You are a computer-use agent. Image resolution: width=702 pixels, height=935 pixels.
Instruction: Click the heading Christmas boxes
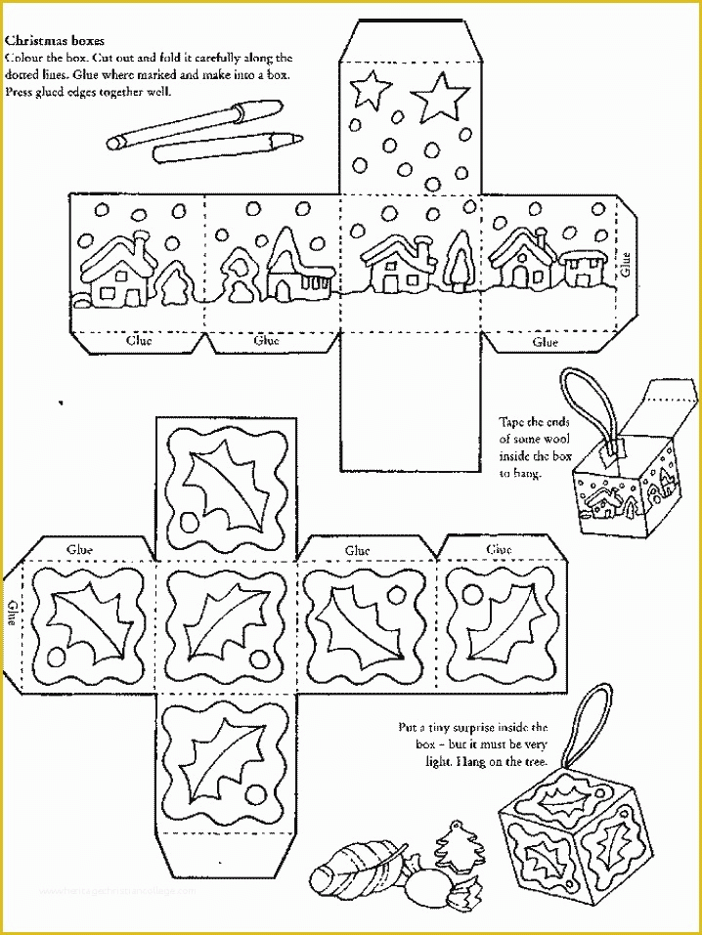pyautogui.click(x=56, y=41)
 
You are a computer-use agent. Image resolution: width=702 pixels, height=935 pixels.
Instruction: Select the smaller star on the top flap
pyautogui.click(x=372, y=89)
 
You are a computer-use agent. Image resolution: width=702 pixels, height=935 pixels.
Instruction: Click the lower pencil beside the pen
pyautogui.click(x=224, y=147)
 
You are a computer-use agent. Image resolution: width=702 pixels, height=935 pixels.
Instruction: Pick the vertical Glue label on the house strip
pyautogui.click(x=625, y=264)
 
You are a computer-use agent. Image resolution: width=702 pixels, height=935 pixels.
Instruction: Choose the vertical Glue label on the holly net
pyautogui.click(x=13, y=612)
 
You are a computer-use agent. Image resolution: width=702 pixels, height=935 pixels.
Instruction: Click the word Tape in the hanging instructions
pyautogui.click(x=515, y=422)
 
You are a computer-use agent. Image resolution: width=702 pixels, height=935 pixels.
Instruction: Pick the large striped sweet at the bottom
pyautogui.click(x=353, y=867)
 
